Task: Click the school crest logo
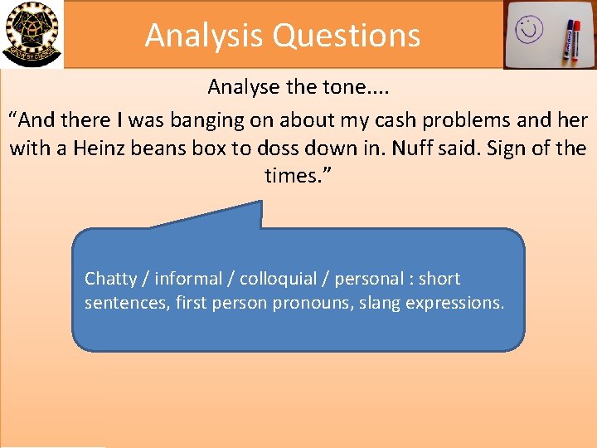point(31,33)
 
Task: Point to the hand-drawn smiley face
point(529,31)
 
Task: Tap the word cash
point(410,120)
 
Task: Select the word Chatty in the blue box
point(110,279)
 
